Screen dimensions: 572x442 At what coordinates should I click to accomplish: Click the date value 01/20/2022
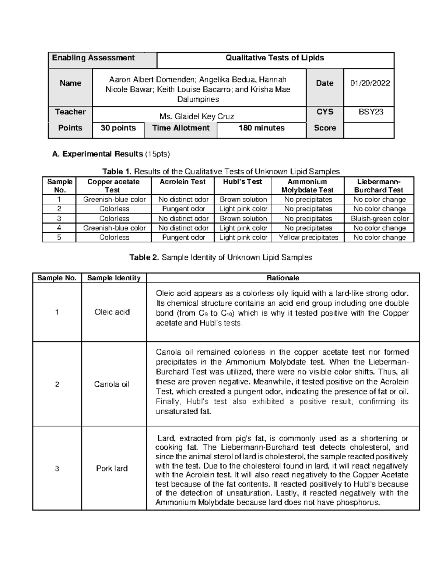coord(370,83)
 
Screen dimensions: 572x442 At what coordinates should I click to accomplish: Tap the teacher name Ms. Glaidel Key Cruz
coord(197,117)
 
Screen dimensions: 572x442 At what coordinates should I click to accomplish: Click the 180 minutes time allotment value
coord(262,128)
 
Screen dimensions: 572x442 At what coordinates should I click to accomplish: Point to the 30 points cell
coord(118,128)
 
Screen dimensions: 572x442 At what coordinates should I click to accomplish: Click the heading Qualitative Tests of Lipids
coord(275,58)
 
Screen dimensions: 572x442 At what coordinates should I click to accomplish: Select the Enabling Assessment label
coord(93,58)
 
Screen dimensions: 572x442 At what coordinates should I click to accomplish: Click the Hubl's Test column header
coord(242,182)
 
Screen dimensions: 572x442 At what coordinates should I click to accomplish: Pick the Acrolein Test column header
coord(183,182)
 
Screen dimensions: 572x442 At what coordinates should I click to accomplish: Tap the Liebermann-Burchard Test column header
coord(379,186)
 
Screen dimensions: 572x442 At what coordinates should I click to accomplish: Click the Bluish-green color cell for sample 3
coord(379,219)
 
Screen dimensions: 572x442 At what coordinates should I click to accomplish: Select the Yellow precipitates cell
coord(308,238)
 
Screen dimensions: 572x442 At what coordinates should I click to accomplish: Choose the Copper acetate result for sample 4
coord(114,228)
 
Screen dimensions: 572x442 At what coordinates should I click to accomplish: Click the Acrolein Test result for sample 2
coord(183,209)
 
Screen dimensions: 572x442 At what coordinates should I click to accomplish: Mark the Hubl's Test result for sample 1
coord(243,200)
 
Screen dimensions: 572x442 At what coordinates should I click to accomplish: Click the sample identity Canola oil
coord(112,385)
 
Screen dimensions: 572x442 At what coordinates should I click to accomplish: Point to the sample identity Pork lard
coord(112,469)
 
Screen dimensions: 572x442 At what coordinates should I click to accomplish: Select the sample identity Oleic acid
coord(112,312)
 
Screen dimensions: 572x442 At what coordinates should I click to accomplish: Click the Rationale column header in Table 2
coord(283,278)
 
